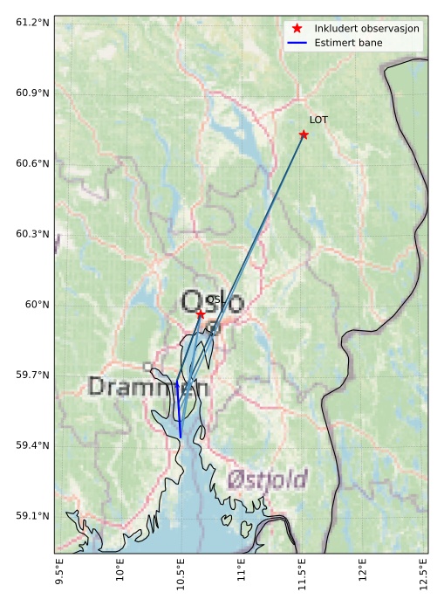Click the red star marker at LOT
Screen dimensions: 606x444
[x=304, y=134]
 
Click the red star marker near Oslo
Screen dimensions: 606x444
[x=201, y=313]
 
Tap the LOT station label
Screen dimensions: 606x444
[x=318, y=120]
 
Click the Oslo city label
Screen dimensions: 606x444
[x=212, y=302]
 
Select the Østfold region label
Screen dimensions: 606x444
[x=267, y=479]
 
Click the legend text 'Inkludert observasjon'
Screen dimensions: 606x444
[x=366, y=29]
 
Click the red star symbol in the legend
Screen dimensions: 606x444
[x=297, y=29]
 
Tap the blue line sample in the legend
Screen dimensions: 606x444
[x=297, y=43]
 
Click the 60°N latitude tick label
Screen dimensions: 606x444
[x=38, y=305]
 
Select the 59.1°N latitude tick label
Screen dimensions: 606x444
[x=32, y=516]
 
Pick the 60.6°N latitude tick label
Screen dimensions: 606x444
[x=32, y=163]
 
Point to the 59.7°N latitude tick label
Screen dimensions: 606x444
[x=32, y=375]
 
